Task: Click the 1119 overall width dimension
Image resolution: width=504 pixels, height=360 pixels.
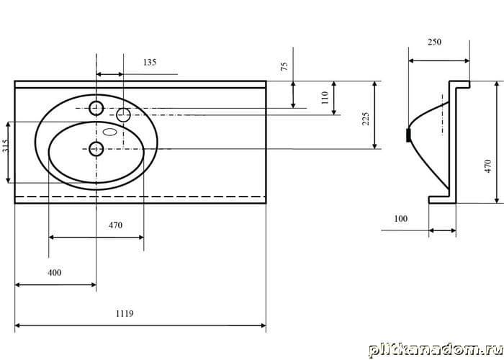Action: click(125, 313)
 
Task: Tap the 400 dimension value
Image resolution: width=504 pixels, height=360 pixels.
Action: click(54, 273)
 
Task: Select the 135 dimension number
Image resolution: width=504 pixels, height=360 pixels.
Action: click(150, 62)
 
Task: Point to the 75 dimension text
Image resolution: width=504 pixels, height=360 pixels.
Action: click(284, 66)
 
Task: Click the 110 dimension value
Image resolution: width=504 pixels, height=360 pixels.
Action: click(325, 97)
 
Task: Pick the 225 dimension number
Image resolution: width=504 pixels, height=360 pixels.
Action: click(366, 119)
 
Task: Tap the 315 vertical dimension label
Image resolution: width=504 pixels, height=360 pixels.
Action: click(4, 146)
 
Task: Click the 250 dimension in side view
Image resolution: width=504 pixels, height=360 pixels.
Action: click(434, 42)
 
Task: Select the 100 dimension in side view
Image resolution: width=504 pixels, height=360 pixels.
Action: click(400, 219)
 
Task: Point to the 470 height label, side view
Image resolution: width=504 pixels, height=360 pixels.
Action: click(488, 166)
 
